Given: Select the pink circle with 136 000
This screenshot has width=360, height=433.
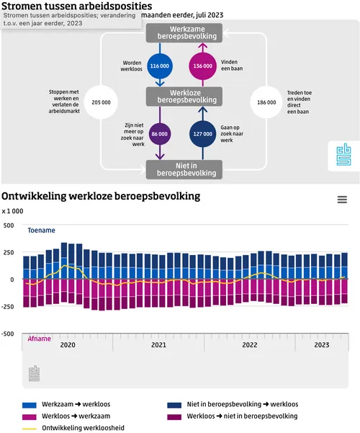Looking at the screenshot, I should pyautogui.click(x=203, y=66).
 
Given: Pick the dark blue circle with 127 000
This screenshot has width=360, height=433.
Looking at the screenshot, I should pyautogui.click(x=203, y=133).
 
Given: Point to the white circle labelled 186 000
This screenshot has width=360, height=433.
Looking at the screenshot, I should pyautogui.click(x=266, y=102).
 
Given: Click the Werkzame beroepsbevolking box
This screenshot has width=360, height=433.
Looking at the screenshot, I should pyautogui.click(x=181, y=32).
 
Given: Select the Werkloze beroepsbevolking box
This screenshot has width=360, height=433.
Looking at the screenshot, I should pyautogui.click(x=181, y=97).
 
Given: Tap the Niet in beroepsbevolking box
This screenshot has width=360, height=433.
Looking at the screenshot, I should pyautogui.click(x=181, y=169).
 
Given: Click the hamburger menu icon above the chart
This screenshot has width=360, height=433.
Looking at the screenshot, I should pyautogui.click(x=342, y=200).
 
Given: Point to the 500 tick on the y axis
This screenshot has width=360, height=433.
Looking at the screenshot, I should pyautogui.click(x=9, y=225).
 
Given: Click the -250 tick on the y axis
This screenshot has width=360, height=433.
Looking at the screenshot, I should pyautogui.click(x=9, y=307).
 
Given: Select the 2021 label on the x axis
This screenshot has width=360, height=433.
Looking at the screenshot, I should pyautogui.click(x=159, y=345).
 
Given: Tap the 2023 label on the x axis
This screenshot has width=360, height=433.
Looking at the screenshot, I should pyautogui.click(x=323, y=345).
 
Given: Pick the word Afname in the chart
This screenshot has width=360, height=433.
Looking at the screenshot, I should pyautogui.click(x=40, y=338).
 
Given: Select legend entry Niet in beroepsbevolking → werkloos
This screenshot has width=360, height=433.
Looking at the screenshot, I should pyautogui.click(x=242, y=404).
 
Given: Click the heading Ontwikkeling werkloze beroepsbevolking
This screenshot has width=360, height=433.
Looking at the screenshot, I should pyautogui.click(x=101, y=196).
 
